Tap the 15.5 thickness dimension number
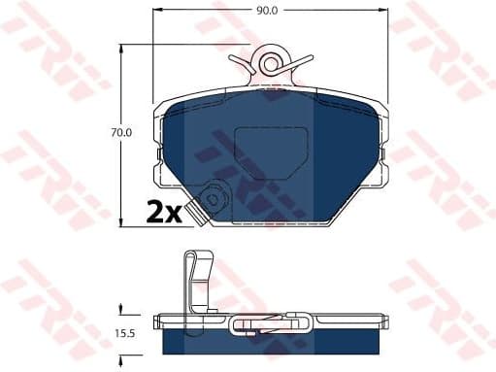click(123, 334)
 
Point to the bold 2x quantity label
click(164, 212)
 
